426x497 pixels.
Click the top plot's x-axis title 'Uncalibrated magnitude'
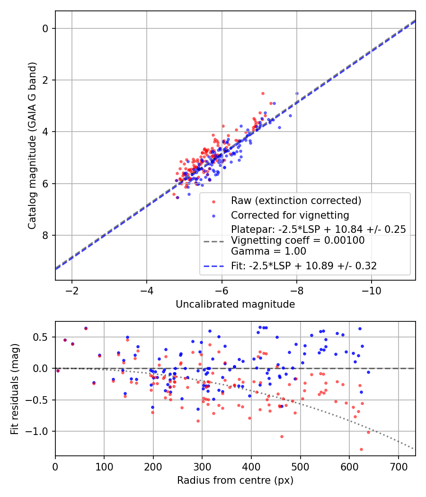[x=235, y=304]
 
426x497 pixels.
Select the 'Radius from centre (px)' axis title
[x=235, y=480]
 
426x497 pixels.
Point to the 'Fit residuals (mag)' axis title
[x=15, y=389]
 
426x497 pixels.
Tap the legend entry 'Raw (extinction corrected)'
[x=296, y=201]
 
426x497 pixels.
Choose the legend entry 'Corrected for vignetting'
[x=290, y=215]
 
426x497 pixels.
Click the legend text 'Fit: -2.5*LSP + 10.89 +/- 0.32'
[x=304, y=266]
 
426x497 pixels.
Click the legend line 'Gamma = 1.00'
[x=268, y=251]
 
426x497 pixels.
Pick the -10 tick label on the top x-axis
[x=372, y=290]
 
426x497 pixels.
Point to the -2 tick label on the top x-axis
[x=72, y=290]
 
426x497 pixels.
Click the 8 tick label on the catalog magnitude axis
[x=45, y=235]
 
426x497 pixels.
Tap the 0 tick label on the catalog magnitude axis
[x=45, y=28]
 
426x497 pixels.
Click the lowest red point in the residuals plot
[x=361, y=449]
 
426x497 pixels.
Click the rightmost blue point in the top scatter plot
[x=297, y=93]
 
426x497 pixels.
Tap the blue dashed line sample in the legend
[x=213, y=266]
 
